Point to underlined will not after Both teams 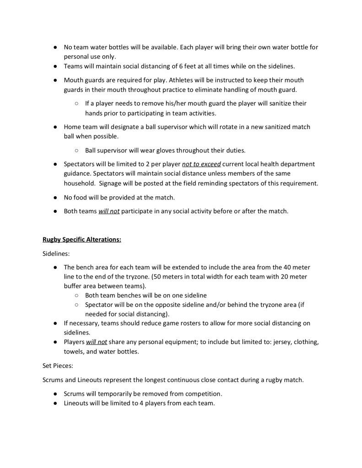point(109,211)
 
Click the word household point(79,183)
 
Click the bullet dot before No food point(55,198)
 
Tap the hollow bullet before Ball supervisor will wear point(76,150)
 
